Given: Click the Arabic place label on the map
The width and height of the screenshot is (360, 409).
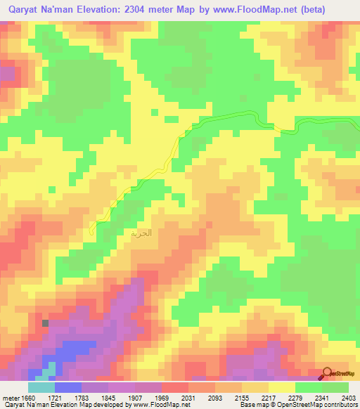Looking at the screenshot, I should coord(140,232).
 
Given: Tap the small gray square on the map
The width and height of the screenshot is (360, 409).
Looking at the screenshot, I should coord(46,323).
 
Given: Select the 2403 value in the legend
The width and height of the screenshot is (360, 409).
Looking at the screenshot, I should coord(348,398).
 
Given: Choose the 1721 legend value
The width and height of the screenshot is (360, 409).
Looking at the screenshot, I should coord(55,398).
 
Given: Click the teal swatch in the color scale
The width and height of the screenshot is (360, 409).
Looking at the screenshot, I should coord(41,387).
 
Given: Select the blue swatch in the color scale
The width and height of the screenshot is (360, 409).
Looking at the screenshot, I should coord(68,387).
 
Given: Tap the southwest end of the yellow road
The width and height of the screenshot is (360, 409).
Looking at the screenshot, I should coord(93,228).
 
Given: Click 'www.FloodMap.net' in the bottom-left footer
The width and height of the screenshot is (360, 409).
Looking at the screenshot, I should coord(148,405).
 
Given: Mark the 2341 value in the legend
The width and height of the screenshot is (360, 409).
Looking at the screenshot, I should coord(322,398).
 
